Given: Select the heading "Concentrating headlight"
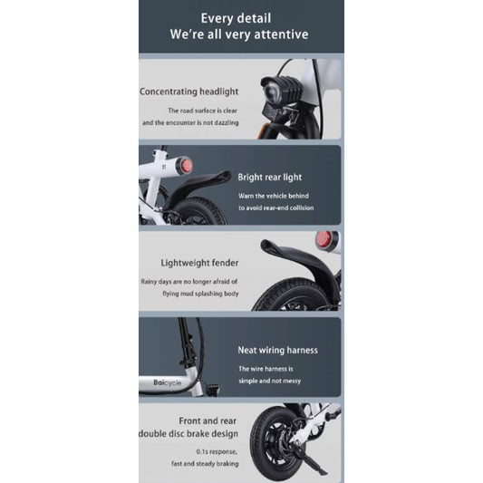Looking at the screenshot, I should pyautogui.click(x=189, y=92).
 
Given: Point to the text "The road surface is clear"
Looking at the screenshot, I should pyautogui.click(x=203, y=110).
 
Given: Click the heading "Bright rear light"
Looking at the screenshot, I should pyautogui.click(x=270, y=178).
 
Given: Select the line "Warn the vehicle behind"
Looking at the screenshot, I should pyautogui.click(x=273, y=196).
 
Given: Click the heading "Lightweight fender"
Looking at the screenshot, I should pyautogui.click(x=200, y=263).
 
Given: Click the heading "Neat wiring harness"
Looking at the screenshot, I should pyautogui.click(x=277, y=350).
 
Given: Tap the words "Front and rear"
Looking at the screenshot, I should pyautogui.click(x=208, y=421).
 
